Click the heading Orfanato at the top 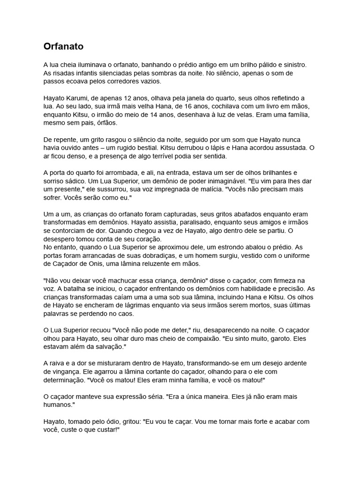tap(63, 46)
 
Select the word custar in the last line tap(108, 430)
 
